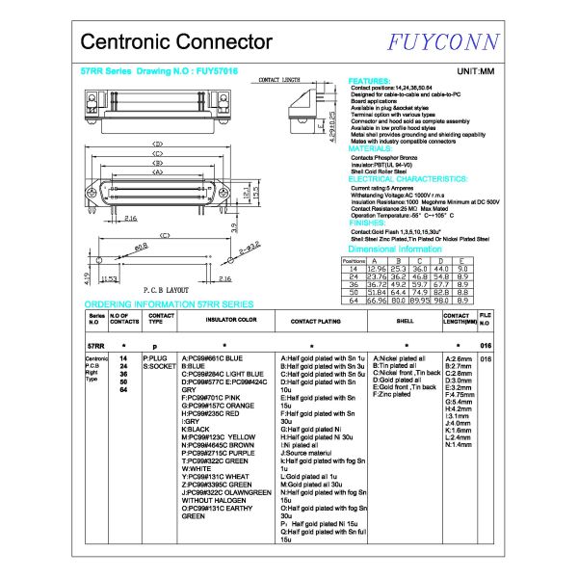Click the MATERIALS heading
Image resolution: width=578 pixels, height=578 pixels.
coord(370,149)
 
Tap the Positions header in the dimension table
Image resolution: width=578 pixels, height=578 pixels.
coord(354,260)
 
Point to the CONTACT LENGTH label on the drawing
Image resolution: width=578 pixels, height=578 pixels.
coord(280,81)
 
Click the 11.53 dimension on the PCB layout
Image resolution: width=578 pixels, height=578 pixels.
coord(108,279)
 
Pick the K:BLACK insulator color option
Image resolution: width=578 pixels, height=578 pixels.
coord(197,429)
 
